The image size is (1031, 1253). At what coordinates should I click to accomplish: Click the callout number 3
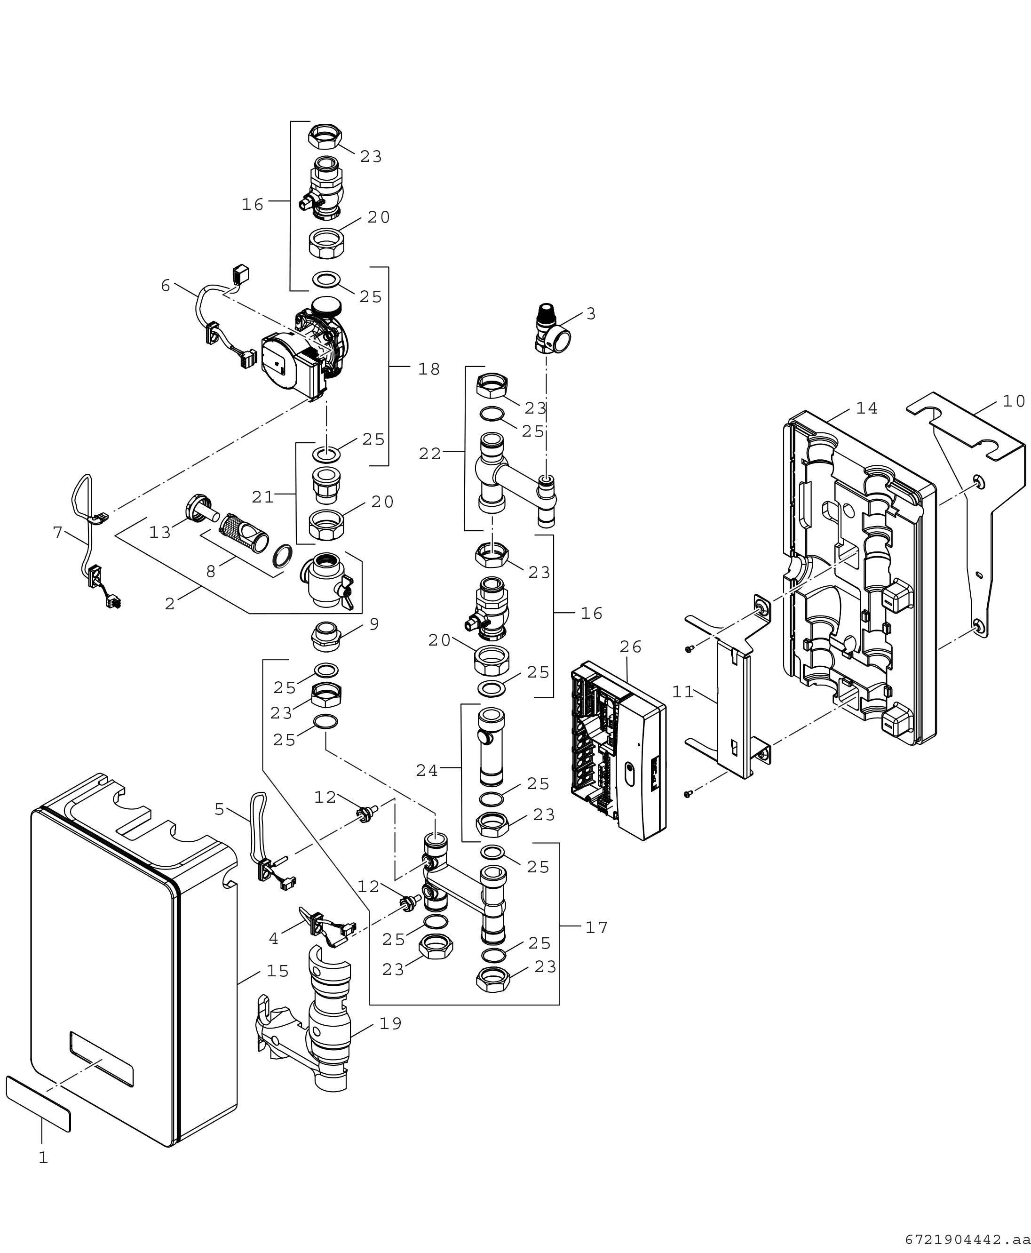pos(591,314)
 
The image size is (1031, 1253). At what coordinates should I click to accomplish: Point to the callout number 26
pos(631,646)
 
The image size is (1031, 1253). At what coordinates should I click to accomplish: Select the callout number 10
pos(1014,402)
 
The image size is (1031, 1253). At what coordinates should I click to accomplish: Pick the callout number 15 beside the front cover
pos(278,971)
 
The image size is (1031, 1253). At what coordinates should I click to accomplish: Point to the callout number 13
pos(160,533)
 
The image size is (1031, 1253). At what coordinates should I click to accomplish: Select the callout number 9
pos(374,624)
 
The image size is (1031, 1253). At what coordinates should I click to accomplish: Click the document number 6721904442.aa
pos(967,1239)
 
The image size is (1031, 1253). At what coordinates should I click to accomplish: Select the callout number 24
pos(427,771)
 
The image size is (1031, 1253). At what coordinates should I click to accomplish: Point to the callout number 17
pos(597,927)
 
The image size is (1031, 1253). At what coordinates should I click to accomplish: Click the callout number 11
pos(683,692)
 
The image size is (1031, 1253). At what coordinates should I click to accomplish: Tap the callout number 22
pos(430,454)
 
